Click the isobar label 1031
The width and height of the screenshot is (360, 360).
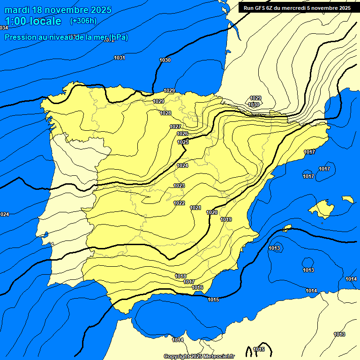tap(120, 58)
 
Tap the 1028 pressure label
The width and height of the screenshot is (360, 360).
tap(165, 113)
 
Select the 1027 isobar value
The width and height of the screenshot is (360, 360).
tap(175, 127)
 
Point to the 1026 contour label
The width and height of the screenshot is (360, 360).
tap(182, 134)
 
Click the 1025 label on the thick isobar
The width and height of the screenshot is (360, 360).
tap(183, 142)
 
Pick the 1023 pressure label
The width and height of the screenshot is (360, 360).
tap(179, 186)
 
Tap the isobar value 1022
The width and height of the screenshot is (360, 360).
tap(179, 203)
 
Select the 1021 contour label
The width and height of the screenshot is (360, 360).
tap(195, 208)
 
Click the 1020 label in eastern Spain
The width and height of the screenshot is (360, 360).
tap(212, 212)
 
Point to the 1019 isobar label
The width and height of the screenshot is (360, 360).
tap(226, 219)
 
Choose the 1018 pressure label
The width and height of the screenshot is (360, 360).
tap(180, 276)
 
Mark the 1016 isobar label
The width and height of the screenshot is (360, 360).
tap(197, 287)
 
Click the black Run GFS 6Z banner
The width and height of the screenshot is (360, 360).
tap(297, 7)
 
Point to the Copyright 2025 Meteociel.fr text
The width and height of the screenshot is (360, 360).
tap(199, 357)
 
